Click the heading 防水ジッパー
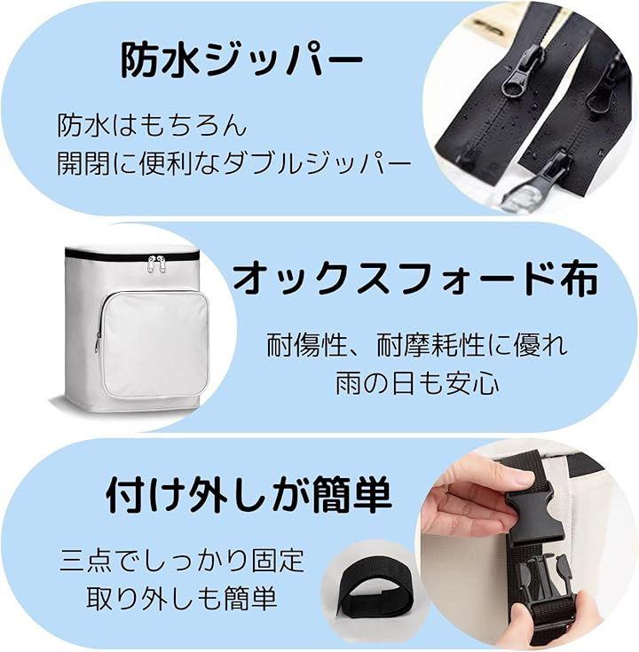pyautogui.click(x=241, y=61)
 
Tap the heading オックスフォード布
pyautogui.click(x=414, y=278)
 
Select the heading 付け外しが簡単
pyautogui.click(x=248, y=495)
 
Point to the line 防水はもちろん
pyautogui.click(x=153, y=125)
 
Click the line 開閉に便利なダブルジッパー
pyautogui.click(x=233, y=163)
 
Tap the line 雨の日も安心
pyautogui.click(x=417, y=382)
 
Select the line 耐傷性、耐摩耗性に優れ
pyautogui.click(x=417, y=345)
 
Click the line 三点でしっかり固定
pyautogui.click(x=182, y=561)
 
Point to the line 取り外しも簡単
pyautogui.click(x=181, y=599)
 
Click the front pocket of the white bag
pyautogui.click(x=154, y=343)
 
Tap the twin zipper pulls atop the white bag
pyautogui.click(x=157, y=264)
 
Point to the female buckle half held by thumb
pyautogui.click(x=534, y=515)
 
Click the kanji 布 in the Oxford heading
pyautogui.click(x=579, y=278)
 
